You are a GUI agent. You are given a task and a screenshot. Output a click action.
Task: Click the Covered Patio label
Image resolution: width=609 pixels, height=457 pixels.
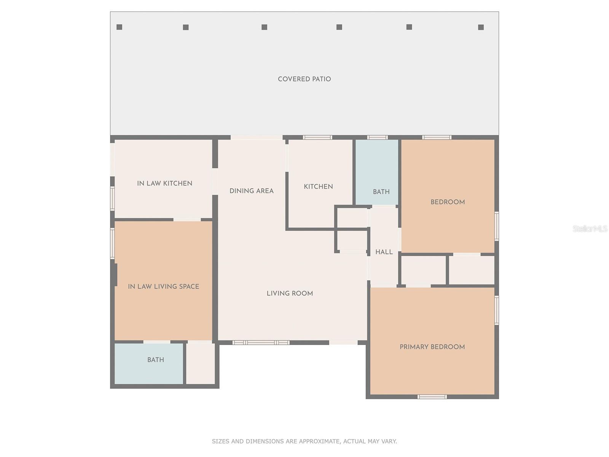point(304,79)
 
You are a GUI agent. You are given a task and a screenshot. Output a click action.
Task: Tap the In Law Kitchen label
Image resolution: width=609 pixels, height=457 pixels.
point(164,184)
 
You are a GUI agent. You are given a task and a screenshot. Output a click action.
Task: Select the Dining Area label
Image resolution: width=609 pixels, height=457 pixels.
point(251,191)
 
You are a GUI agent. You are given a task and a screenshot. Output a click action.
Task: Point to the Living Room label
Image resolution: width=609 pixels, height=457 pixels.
point(290,293)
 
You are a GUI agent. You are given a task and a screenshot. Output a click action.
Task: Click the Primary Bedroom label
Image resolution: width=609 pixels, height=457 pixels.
point(432,347)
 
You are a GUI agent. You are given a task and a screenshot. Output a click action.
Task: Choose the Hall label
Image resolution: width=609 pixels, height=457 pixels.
point(384,252)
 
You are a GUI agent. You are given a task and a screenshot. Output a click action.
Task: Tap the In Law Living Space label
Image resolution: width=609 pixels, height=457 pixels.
point(163,286)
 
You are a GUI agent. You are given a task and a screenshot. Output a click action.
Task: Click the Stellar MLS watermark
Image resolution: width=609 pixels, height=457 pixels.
point(590,228)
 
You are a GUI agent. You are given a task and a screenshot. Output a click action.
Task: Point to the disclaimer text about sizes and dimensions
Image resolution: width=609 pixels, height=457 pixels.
point(304,441)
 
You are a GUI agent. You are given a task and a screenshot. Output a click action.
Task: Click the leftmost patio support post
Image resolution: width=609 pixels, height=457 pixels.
point(119,27)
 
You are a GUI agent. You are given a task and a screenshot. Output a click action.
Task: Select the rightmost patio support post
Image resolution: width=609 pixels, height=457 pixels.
point(481,27)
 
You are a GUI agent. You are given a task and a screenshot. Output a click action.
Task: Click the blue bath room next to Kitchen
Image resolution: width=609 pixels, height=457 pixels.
point(377,172)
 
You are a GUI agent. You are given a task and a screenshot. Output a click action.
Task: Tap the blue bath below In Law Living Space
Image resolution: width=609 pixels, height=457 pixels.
point(149,363)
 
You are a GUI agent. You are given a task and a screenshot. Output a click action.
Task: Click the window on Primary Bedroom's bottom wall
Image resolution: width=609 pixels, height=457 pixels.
point(432,397)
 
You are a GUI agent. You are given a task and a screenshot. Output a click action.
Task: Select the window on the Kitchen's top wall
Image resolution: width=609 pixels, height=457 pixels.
point(317,137)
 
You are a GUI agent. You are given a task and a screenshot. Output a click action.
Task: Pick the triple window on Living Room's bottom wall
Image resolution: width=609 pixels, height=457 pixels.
point(261,343)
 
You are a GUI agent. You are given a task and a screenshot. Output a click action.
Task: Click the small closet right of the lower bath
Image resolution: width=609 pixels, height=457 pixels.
point(201,363)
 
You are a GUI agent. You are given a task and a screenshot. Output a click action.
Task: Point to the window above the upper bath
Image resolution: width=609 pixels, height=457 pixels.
point(377,137)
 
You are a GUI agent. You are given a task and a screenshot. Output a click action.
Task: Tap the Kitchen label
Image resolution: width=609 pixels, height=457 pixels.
point(318,187)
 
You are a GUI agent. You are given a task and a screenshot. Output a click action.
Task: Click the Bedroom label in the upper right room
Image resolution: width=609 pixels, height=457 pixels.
point(448,202)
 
